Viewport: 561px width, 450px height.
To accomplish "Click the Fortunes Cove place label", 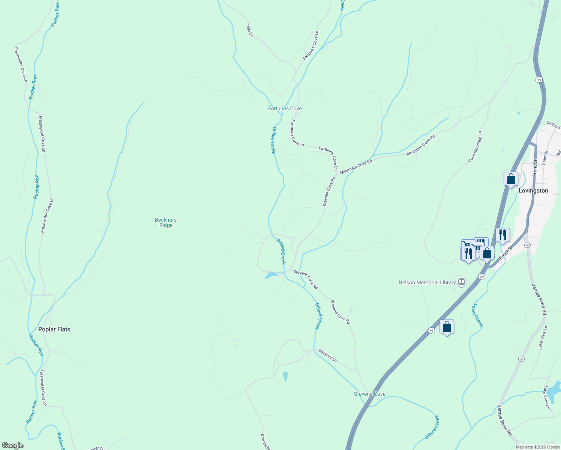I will tap(285, 109).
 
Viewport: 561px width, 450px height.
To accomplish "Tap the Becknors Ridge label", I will tap(166, 222).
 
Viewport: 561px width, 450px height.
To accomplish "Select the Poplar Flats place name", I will tap(54, 329).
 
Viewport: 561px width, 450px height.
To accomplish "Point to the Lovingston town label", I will tap(533, 190).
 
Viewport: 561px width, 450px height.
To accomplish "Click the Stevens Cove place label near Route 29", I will tap(369, 394).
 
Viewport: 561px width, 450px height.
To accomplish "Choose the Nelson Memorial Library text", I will tap(427, 282).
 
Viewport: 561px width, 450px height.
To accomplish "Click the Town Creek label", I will tap(478, 315).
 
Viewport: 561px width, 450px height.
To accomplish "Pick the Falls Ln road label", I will tap(250, 30).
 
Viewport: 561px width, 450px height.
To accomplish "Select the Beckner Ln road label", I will tap(327, 355).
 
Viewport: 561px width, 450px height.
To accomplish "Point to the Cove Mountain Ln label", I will tap(475, 147).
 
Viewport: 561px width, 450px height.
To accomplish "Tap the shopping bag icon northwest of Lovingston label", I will tap(511, 179).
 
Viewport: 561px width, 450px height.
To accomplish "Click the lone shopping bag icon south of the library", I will tap(447, 327).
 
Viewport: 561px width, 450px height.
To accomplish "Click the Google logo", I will tap(12, 445).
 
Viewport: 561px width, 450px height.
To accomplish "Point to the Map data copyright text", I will tap(538, 447).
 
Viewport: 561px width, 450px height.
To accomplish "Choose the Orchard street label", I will tap(553, 125).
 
